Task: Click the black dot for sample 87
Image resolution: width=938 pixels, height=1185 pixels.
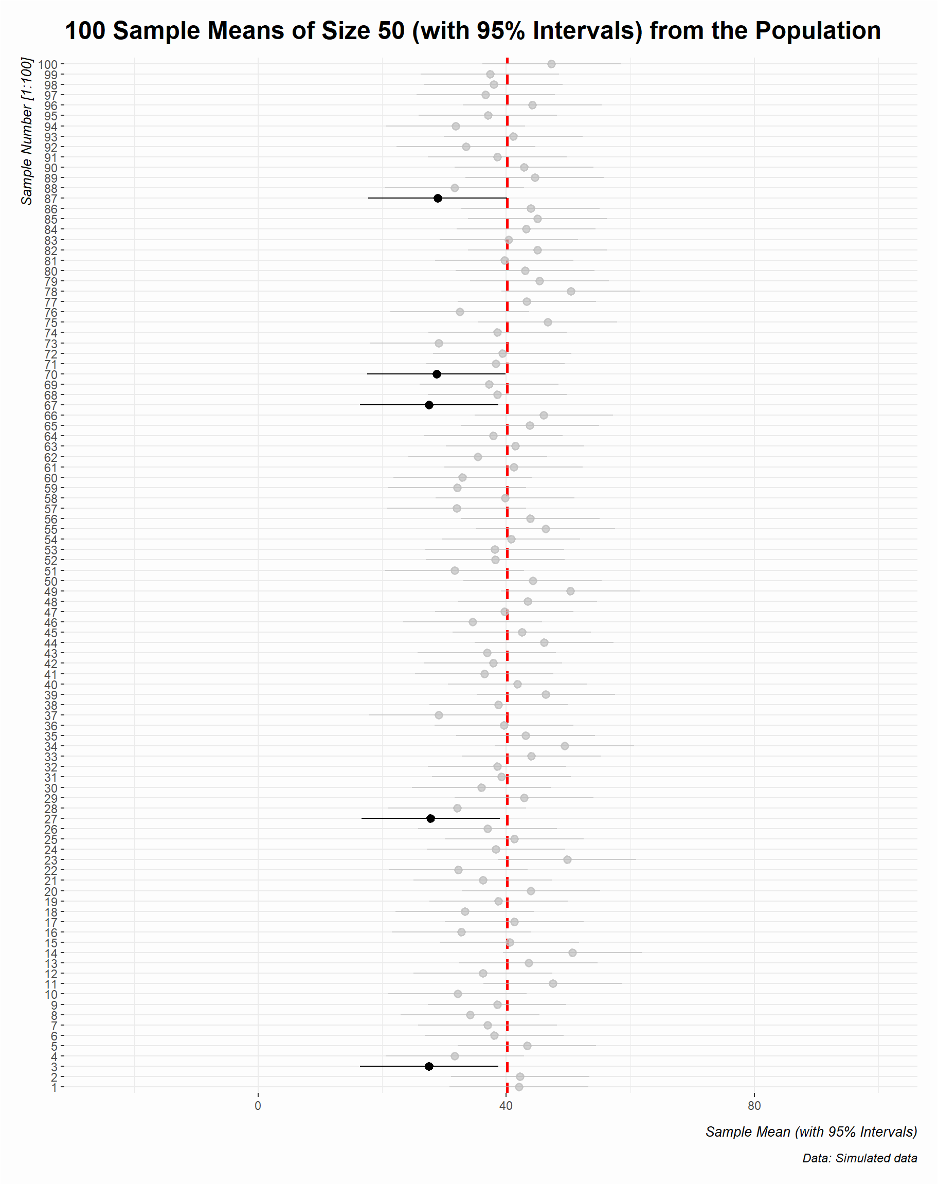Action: (x=438, y=198)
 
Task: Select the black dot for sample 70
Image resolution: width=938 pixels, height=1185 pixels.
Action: (x=437, y=374)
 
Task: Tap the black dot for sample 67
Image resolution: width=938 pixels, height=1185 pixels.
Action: (x=429, y=405)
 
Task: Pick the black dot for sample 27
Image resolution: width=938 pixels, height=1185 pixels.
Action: (x=430, y=819)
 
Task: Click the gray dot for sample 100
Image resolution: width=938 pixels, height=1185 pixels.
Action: (x=551, y=64)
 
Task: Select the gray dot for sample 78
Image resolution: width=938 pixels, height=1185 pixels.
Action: (x=571, y=292)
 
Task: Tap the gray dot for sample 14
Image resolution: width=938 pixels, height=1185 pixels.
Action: (x=573, y=953)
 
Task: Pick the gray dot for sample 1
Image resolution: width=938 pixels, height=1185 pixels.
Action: (x=519, y=1087)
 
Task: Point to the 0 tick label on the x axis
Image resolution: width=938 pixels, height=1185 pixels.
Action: (x=258, y=1106)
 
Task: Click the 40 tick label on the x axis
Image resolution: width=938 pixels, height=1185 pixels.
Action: (x=507, y=1106)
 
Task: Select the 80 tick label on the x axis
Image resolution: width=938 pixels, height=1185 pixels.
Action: (x=754, y=1106)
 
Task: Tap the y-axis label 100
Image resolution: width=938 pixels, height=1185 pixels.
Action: (x=48, y=65)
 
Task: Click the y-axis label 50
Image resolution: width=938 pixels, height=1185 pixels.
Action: (x=50, y=582)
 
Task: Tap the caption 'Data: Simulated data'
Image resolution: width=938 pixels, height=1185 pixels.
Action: (x=859, y=1159)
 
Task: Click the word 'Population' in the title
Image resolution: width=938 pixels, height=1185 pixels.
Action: (x=818, y=31)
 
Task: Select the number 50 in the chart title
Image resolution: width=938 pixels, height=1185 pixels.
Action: (x=390, y=31)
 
